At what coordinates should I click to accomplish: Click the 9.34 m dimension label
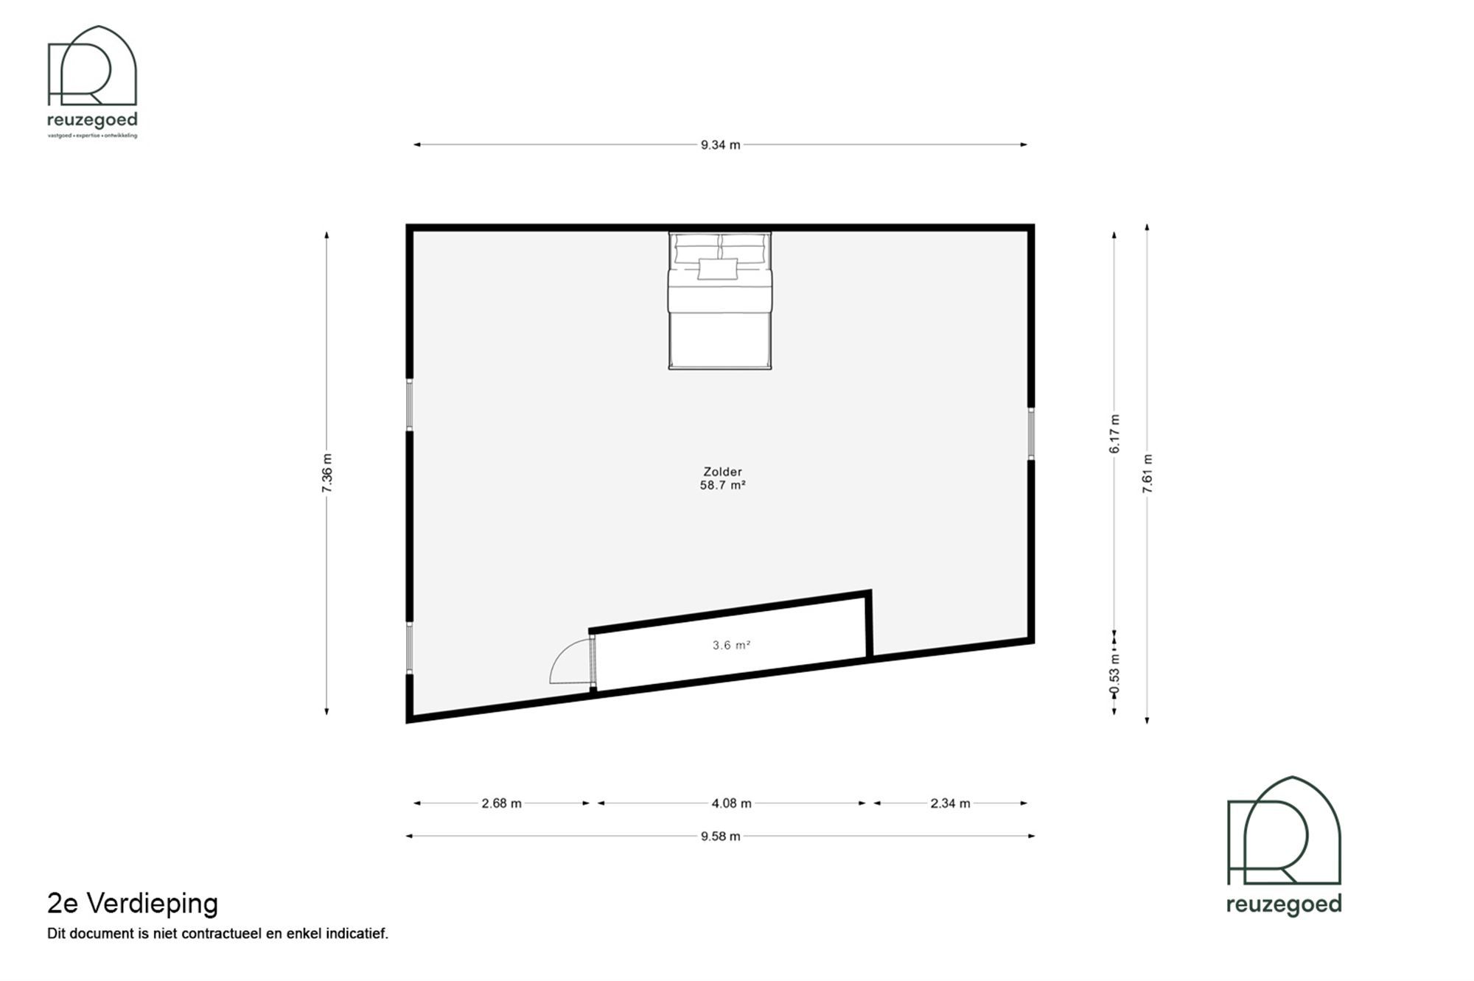[x=720, y=145]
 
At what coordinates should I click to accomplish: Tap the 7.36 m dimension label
[x=327, y=473]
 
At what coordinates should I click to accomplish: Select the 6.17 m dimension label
[x=1114, y=434]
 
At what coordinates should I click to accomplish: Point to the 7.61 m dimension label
[x=1148, y=474]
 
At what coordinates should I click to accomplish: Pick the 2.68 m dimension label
[x=501, y=803]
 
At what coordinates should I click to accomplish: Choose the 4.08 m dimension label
[x=731, y=803]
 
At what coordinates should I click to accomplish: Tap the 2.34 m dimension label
[x=950, y=803]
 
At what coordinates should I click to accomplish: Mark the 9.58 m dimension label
[x=720, y=837]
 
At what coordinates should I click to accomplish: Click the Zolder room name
[x=722, y=472]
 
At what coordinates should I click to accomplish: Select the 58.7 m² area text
[x=722, y=486]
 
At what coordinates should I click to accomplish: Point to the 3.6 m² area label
[x=731, y=646]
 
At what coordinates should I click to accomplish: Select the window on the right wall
[x=1031, y=434]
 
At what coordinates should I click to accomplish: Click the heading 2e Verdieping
[x=133, y=904]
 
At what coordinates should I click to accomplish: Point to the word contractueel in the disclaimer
[x=222, y=934]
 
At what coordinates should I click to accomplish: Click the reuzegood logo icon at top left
[x=92, y=66]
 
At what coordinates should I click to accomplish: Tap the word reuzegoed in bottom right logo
[x=1284, y=904]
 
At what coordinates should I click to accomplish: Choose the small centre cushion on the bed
[x=718, y=269]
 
